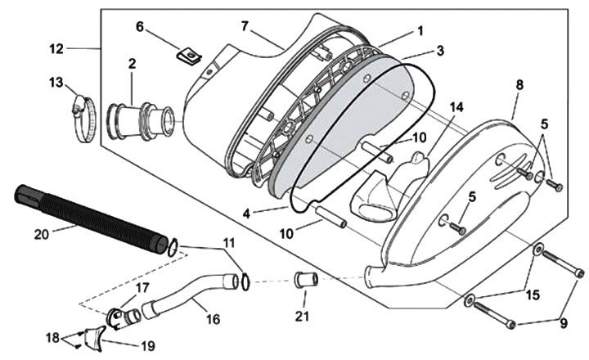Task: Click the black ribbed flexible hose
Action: (x=90, y=218)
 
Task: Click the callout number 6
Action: (x=140, y=26)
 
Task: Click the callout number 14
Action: (x=456, y=108)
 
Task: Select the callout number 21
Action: (x=303, y=314)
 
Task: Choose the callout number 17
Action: (x=142, y=287)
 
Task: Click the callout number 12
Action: (x=56, y=48)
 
